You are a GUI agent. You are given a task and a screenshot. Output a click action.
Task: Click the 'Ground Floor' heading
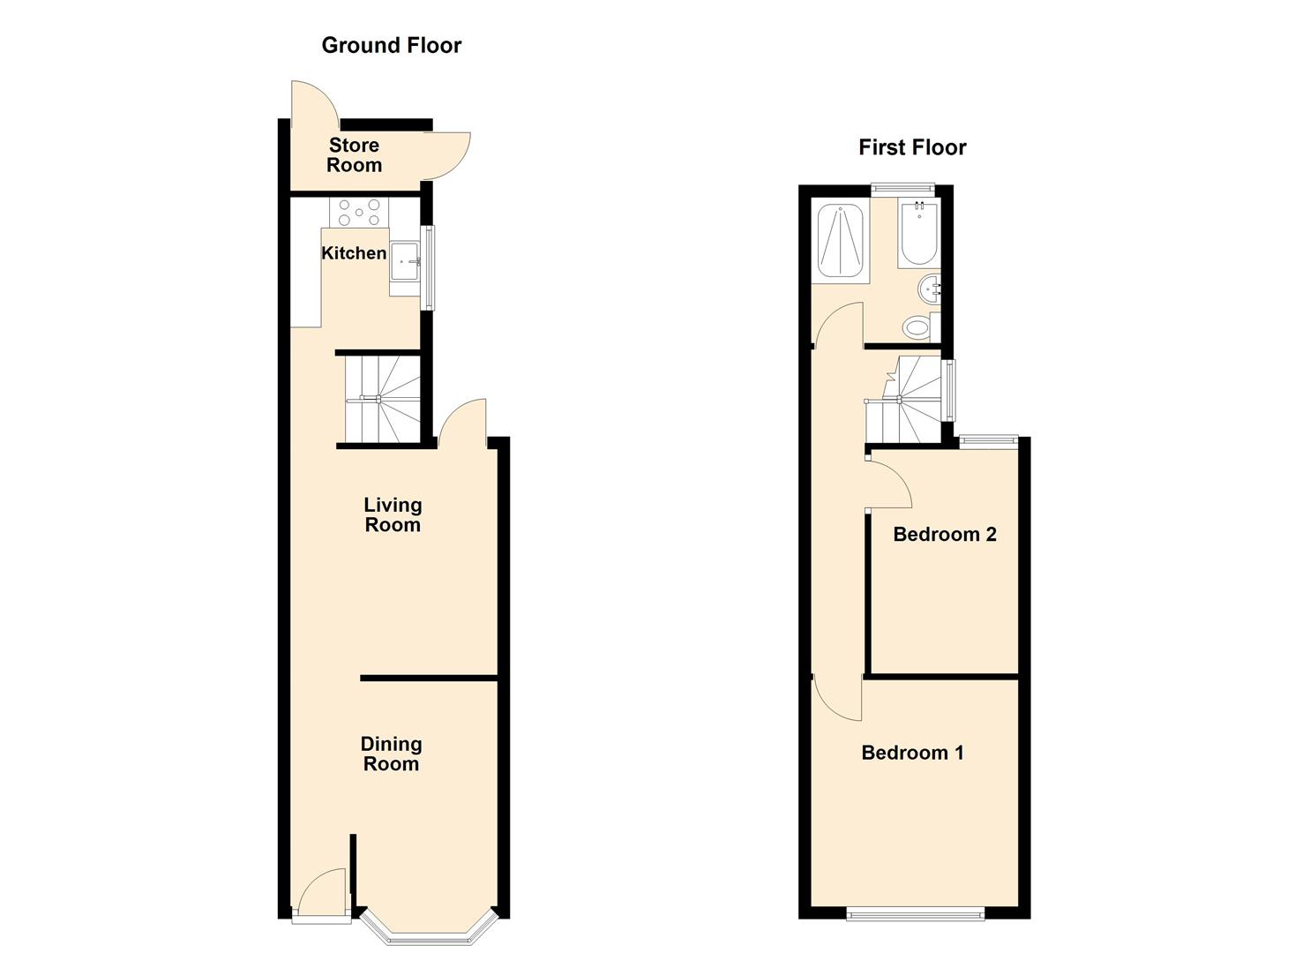pos(391,45)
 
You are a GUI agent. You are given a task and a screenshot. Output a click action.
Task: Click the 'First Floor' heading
pos(912,147)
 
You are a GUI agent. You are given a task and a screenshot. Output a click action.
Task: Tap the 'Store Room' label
pos(354,155)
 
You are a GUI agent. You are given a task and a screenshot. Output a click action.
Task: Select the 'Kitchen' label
pos(354,253)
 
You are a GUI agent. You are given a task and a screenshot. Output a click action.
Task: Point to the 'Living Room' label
pos(393,514)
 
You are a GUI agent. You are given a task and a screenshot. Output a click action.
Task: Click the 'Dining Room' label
pos(391,754)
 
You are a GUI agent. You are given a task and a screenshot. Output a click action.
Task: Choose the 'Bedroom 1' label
pos(912,753)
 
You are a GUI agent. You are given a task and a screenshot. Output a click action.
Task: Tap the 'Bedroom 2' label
pos(944,534)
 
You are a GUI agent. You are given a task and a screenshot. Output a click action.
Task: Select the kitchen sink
pos(404,261)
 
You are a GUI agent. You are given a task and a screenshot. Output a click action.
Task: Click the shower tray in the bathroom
pos(840,240)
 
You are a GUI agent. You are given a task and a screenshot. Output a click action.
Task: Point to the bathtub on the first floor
pos(918,233)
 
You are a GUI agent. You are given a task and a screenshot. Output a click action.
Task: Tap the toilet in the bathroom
pos(918,327)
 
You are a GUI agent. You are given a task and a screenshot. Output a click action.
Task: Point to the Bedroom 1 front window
pos(915,914)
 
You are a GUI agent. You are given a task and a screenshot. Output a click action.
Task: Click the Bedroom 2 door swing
pos(889,481)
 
